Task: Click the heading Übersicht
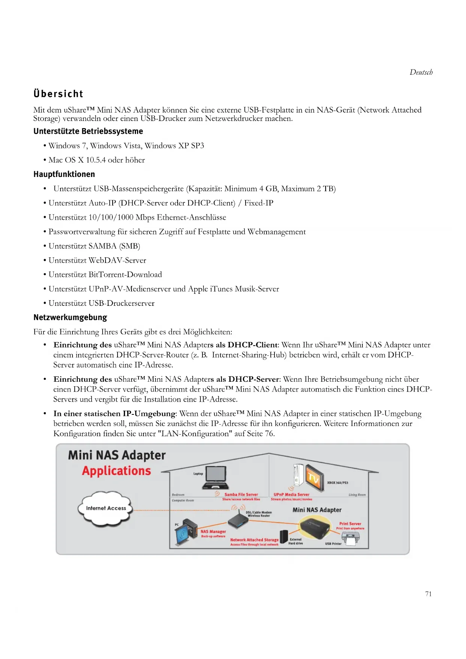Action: click(x=58, y=94)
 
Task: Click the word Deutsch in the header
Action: click(x=421, y=72)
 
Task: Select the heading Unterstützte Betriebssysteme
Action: click(x=88, y=131)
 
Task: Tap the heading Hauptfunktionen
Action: click(x=64, y=174)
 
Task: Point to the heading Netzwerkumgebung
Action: click(x=70, y=317)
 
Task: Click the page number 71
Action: click(x=428, y=594)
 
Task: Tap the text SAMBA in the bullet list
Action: click(x=103, y=246)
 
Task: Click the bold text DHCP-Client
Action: click(x=252, y=345)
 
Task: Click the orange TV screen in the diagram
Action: click(x=314, y=477)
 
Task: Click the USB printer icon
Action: click(x=350, y=539)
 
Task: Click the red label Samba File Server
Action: click(x=241, y=494)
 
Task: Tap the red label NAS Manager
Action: click(x=213, y=531)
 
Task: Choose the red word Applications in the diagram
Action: click(x=116, y=471)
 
